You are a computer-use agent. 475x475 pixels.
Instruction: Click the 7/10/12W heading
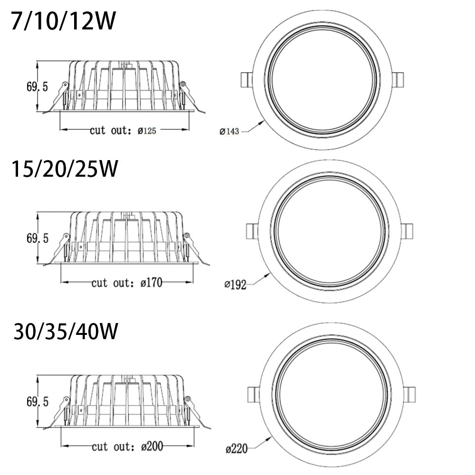click(63, 22)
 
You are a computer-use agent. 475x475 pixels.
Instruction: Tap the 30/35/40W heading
click(66, 331)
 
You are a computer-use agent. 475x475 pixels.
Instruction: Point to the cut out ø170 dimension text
click(127, 283)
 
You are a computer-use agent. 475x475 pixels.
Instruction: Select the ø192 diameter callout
click(235, 285)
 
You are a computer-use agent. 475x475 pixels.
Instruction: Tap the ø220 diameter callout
click(237, 447)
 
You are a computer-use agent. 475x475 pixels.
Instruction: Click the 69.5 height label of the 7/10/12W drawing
click(37, 87)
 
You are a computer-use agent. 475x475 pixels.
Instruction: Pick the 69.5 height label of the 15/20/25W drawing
click(37, 239)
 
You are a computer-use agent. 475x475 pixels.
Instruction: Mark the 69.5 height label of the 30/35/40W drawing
click(37, 402)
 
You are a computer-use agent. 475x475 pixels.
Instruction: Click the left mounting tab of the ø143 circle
click(246, 80)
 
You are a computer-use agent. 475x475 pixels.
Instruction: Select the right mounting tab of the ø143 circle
click(399, 80)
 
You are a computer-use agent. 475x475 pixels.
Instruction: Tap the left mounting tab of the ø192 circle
click(251, 231)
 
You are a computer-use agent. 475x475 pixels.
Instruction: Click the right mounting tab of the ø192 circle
click(407, 232)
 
